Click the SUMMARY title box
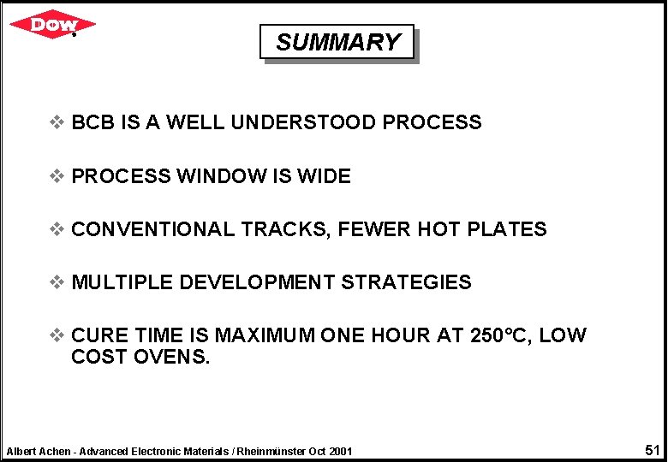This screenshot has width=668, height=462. (x=337, y=42)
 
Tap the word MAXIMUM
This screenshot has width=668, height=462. (x=265, y=335)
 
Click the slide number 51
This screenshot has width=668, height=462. (x=652, y=450)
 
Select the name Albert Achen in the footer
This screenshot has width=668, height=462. (x=39, y=451)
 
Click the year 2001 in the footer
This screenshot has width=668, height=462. (x=339, y=451)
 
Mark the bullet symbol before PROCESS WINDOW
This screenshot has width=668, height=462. (x=57, y=176)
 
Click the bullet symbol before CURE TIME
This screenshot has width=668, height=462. (x=57, y=335)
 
